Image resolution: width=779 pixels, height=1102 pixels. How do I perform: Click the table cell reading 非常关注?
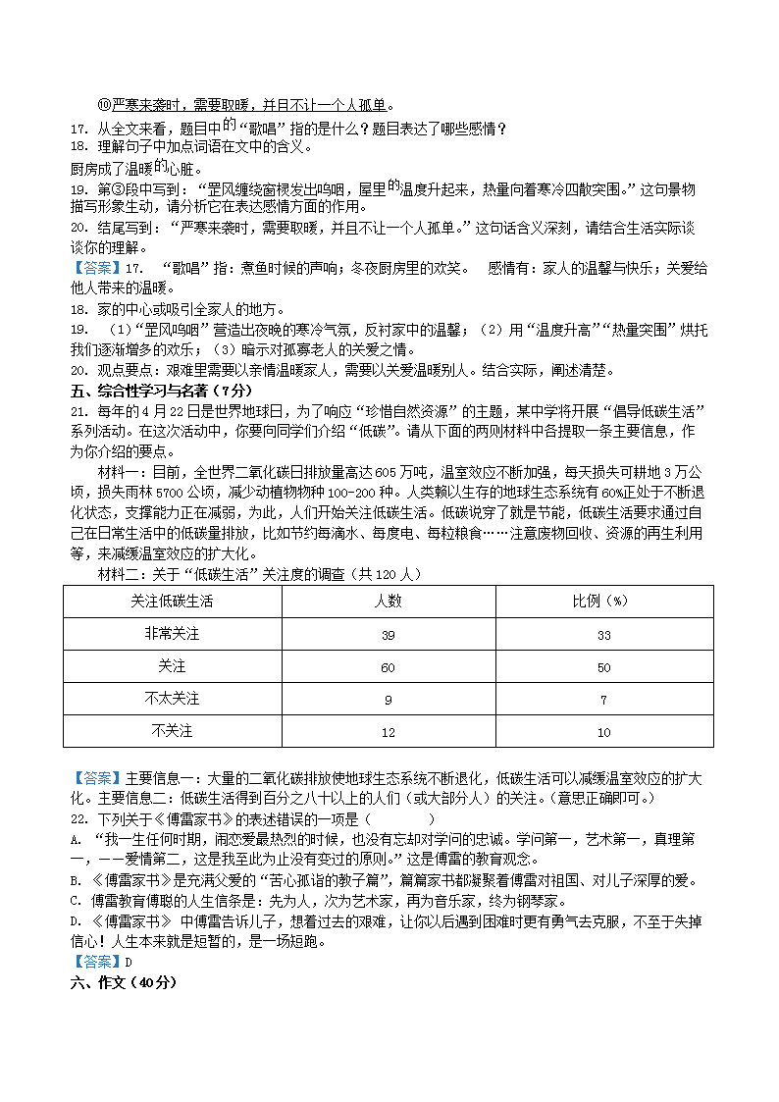[x=172, y=635]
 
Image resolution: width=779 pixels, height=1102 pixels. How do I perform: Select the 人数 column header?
[x=388, y=602]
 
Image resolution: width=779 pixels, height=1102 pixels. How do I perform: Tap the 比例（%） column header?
[x=603, y=602]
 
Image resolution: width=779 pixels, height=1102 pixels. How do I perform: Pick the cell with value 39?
[x=388, y=635]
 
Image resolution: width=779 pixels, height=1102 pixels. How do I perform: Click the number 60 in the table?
[x=388, y=667]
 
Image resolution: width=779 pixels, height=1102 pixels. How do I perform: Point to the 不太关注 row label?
[x=172, y=700]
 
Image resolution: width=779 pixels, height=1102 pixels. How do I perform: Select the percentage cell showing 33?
[x=603, y=635]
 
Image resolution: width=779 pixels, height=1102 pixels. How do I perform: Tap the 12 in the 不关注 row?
[x=388, y=732]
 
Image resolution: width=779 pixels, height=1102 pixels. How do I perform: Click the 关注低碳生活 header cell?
[x=172, y=602]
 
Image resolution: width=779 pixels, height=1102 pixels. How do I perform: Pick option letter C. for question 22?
[x=76, y=900]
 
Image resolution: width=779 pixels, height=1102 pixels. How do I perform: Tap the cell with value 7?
[x=603, y=700]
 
